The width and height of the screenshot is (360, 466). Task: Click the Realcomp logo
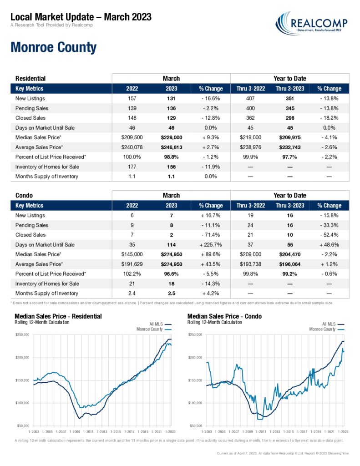[311, 24]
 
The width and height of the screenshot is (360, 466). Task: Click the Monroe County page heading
[54, 47]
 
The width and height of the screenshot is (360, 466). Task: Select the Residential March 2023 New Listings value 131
[171, 99]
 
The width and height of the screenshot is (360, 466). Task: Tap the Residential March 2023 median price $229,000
[172, 137]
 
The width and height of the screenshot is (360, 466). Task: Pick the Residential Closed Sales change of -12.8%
[210, 118]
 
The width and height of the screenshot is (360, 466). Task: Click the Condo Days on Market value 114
[171, 245]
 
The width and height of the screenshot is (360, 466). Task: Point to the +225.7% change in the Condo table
[210, 245]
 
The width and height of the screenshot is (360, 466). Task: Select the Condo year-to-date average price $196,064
[290, 264]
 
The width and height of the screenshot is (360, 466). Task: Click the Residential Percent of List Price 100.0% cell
[132, 157]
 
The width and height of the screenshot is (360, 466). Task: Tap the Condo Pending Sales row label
[32, 225]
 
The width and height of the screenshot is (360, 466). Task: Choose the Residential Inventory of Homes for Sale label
[47, 167]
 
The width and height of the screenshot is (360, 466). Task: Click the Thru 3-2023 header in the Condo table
[290, 206]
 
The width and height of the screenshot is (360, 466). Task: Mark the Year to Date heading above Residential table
[290, 79]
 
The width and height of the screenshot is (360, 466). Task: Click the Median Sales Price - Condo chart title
[224, 316]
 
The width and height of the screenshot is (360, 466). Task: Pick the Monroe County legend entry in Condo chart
[327, 329]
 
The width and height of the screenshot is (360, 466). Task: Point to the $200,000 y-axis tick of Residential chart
[22, 358]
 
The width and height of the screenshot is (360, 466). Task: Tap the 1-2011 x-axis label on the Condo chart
[261, 432]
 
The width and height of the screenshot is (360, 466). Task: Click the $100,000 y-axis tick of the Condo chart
[195, 403]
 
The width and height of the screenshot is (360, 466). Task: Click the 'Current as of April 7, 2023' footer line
[283, 454]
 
